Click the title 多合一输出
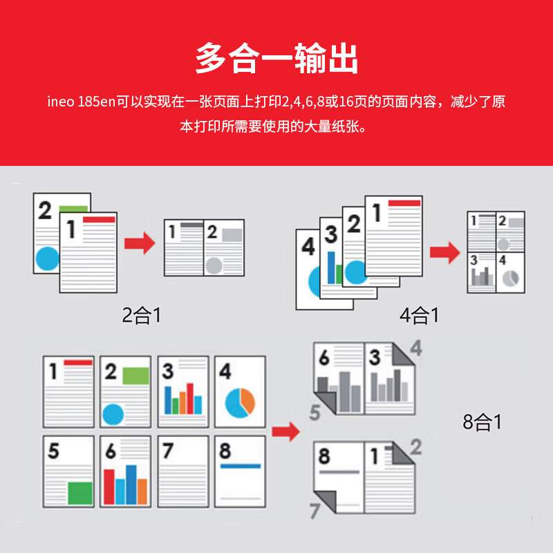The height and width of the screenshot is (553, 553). coord(276,58)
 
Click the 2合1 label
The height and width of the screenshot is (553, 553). coord(141,316)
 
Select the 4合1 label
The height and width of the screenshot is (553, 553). coord(419,316)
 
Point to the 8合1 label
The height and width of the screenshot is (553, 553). coord(482,422)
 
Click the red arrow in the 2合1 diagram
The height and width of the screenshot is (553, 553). coord(139,243)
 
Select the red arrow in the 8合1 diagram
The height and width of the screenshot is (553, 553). coord(285,432)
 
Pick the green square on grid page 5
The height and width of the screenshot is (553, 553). coord(80,493)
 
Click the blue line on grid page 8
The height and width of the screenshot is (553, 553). coord(240,466)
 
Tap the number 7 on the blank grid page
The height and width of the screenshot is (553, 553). coord(167,451)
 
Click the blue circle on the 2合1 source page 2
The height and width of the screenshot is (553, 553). coord(48,259)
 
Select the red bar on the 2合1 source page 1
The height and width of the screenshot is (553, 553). coord(98,219)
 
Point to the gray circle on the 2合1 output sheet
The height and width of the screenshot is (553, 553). coord(214,265)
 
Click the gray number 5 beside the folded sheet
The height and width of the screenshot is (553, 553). coord(315,414)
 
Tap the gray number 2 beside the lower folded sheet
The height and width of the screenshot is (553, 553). coord(415,447)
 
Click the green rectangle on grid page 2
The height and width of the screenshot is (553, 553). coord(135,375)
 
